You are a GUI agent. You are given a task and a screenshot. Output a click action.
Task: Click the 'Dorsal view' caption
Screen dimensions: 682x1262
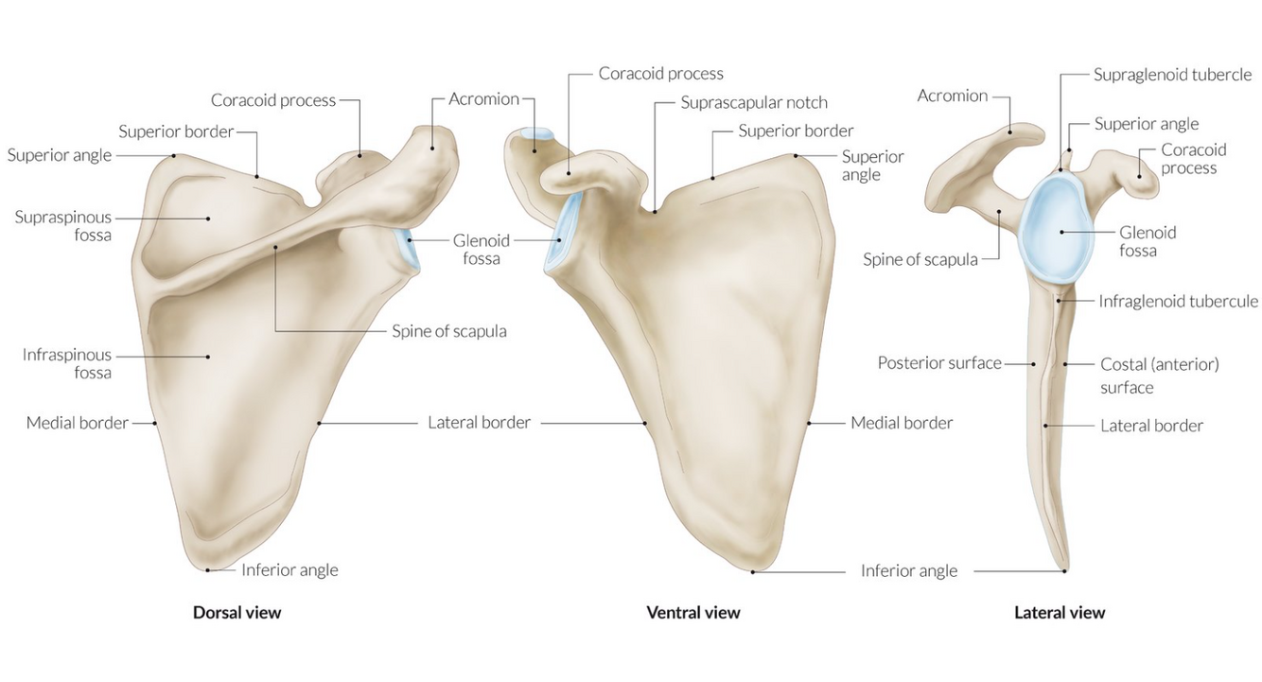pyautogui.click(x=237, y=612)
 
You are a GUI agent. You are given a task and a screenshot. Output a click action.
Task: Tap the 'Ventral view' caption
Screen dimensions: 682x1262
pyautogui.click(x=692, y=612)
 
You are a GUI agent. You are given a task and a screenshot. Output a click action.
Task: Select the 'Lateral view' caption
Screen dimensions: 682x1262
pyautogui.click(x=1059, y=612)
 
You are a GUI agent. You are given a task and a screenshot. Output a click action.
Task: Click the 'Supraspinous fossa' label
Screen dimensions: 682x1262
pyautogui.click(x=62, y=226)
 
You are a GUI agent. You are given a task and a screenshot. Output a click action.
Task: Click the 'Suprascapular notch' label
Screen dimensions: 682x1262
pyautogui.click(x=754, y=102)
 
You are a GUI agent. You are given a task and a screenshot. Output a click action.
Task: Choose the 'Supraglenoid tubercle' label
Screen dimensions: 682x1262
pyautogui.click(x=1172, y=74)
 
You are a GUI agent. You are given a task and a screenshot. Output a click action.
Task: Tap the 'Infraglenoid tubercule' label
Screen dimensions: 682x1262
pyautogui.click(x=1178, y=301)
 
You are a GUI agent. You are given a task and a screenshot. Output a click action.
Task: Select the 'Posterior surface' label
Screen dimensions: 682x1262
pyautogui.click(x=938, y=362)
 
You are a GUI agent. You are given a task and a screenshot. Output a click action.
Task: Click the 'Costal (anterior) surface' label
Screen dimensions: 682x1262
pyautogui.click(x=1159, y=375)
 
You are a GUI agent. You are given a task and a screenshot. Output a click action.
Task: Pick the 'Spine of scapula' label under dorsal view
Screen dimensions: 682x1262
pyautogui.click(x=449, y=331)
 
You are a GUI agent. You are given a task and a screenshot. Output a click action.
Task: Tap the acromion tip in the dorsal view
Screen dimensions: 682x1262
pyautogui.click(x=434, y=145)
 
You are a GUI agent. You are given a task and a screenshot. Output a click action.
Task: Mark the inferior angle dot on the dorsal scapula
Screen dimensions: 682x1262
pyautogui.click(x=207, y=569)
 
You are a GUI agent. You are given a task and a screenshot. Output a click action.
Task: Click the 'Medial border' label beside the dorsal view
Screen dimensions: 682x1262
pyautogui.click(x=77, y=423)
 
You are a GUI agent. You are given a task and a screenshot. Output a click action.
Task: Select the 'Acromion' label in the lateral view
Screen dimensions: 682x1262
pyautogui.click(x=952, y=96)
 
